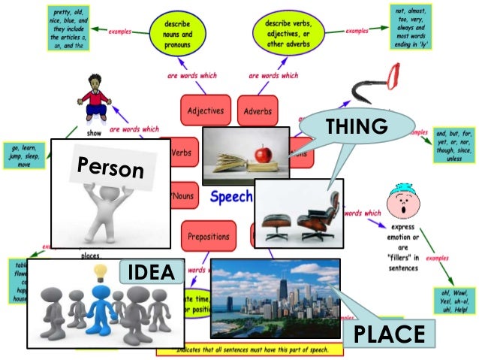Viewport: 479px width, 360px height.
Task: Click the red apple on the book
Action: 263,154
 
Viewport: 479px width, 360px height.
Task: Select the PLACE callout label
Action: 390,333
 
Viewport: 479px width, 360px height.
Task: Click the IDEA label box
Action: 151,271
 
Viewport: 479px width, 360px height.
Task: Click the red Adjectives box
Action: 206,111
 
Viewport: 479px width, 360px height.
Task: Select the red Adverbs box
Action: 258,112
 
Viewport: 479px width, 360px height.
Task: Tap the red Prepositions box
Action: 209,237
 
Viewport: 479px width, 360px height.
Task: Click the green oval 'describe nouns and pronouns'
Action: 177,32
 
